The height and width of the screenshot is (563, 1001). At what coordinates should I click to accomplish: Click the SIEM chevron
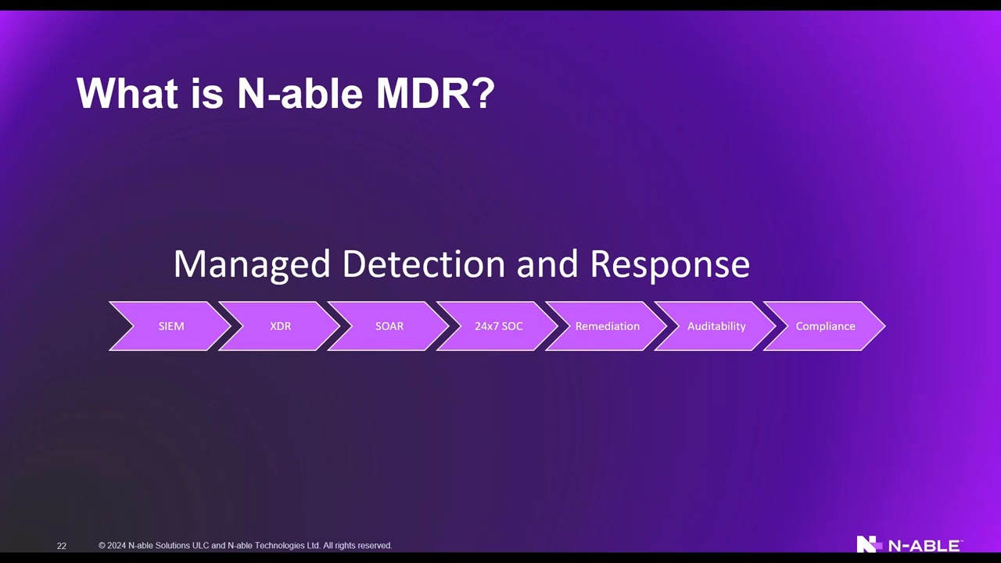point(171,326)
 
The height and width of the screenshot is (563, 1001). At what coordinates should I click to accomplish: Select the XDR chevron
point(280,326)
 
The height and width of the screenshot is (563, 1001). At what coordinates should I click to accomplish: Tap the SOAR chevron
point(389,326)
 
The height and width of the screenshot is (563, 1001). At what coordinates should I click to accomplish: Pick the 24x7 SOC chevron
point(498,326)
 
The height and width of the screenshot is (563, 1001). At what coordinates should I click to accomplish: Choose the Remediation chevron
point(608,326)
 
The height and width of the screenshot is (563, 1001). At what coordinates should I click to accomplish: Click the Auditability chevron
point(716,326)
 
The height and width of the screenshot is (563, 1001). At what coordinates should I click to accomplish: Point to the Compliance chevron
point(825,326)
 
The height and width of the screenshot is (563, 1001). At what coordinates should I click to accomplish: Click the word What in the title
point(127,93)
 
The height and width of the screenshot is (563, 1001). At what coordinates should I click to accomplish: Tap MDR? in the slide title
point(436,93)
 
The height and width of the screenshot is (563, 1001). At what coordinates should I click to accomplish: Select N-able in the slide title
point(300,93)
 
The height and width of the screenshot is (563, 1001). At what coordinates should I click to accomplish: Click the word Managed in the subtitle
point(252,265)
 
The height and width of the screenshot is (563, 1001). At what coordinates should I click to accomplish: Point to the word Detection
point(424,264)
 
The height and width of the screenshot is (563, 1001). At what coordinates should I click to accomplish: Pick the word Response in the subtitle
point(670,265)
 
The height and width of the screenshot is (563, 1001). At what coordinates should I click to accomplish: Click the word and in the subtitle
point(547,264)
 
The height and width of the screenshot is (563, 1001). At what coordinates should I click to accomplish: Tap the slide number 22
point(62,546)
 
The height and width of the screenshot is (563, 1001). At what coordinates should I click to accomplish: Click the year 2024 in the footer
point(117,546)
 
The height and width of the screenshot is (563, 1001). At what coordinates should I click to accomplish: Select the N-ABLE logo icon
point(869,543)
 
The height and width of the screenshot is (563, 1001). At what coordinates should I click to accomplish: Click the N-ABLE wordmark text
point(925,546)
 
